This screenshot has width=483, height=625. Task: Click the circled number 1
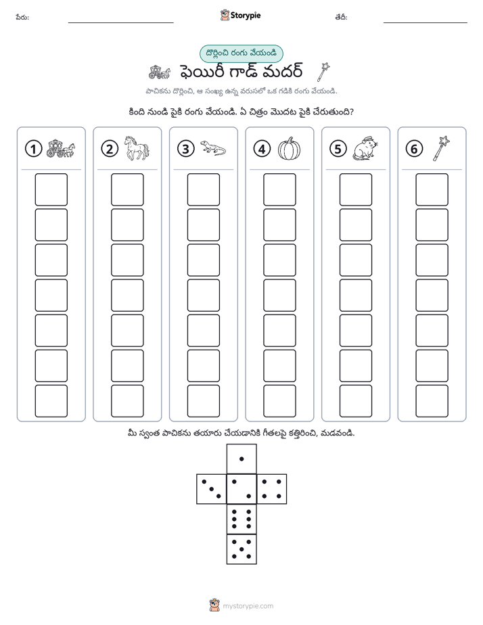(x=33, y=149)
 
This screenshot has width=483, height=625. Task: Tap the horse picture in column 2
(x=136, y=148)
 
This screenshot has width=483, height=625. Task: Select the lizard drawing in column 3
(x=213, y=148)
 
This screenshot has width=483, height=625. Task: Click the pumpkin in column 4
(x=289, y=149)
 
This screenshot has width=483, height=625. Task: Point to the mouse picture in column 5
(x=365, y=149)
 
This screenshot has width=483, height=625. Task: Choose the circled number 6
(x=414, y=149)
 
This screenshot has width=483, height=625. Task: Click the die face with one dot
(x=241, y=459)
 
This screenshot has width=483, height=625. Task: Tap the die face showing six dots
(x=241, y=519)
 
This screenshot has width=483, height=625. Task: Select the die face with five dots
(x=241, y=549)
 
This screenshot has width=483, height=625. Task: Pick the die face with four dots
(x=272, y=489)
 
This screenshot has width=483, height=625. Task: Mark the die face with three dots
(x=212, y=489)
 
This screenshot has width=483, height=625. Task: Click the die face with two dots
(x=241, y=489)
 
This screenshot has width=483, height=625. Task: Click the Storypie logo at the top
(x=240, y=16)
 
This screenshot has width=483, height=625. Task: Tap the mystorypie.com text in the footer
(x=248, y=606)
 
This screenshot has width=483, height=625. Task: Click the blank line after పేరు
(x=120, y=22)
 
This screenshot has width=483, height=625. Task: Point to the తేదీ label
(x=341, y=17)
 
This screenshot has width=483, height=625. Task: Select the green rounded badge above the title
(x=241, y=54)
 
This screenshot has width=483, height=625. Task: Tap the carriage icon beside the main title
(x=160, y=72)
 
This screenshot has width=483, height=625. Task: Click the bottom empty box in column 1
(x=51, y=401)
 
